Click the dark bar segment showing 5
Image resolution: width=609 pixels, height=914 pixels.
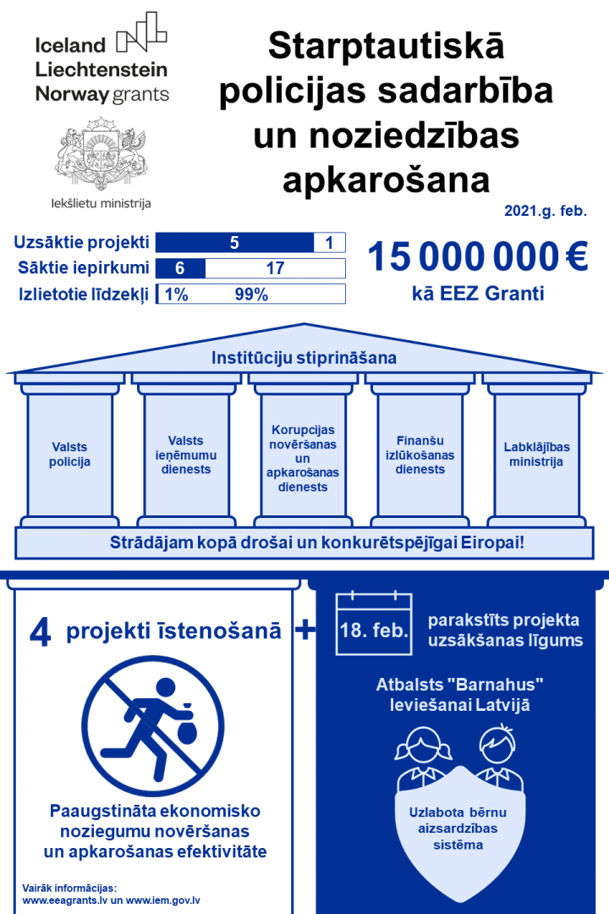point(234,243)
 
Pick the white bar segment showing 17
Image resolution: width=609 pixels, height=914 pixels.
point(275,269)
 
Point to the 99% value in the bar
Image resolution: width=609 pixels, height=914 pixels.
point(251,295)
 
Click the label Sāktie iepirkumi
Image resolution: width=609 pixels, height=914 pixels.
point(84,269)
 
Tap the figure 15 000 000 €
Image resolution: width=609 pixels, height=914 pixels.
point(477,256)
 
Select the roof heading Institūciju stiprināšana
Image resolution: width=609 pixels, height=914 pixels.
point(304,358)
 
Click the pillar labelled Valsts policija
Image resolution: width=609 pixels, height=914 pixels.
point(69,454)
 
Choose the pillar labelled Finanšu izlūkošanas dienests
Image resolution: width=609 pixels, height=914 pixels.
point(420,454)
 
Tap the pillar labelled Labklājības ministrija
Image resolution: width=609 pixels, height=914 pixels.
point(535,454)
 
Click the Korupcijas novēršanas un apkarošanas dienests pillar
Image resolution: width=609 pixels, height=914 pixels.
point(303,457)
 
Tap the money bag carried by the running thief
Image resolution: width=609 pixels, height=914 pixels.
point(185,702)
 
